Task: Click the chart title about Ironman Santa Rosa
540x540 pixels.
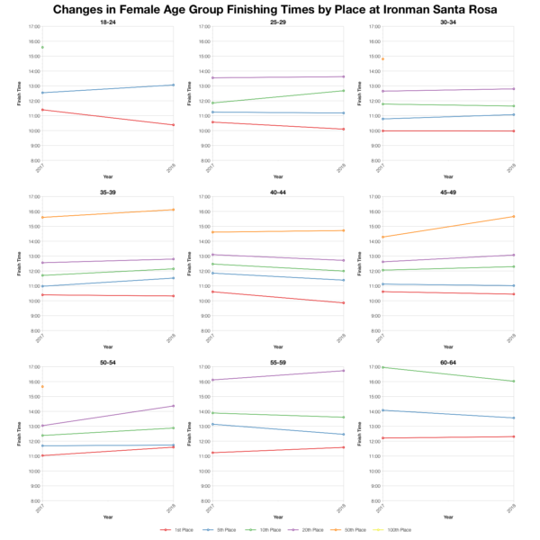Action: point(270,9)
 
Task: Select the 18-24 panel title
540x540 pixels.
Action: point(107,22)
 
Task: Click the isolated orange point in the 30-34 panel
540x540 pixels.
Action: point(382,59)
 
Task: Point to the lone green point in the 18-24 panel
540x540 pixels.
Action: point(42,48)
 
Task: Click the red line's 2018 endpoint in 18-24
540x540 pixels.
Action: point(174,125)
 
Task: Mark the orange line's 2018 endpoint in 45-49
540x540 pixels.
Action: point(513,216)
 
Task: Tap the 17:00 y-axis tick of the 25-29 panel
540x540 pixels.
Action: point(205,27)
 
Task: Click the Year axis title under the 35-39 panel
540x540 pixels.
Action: point(107,346)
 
